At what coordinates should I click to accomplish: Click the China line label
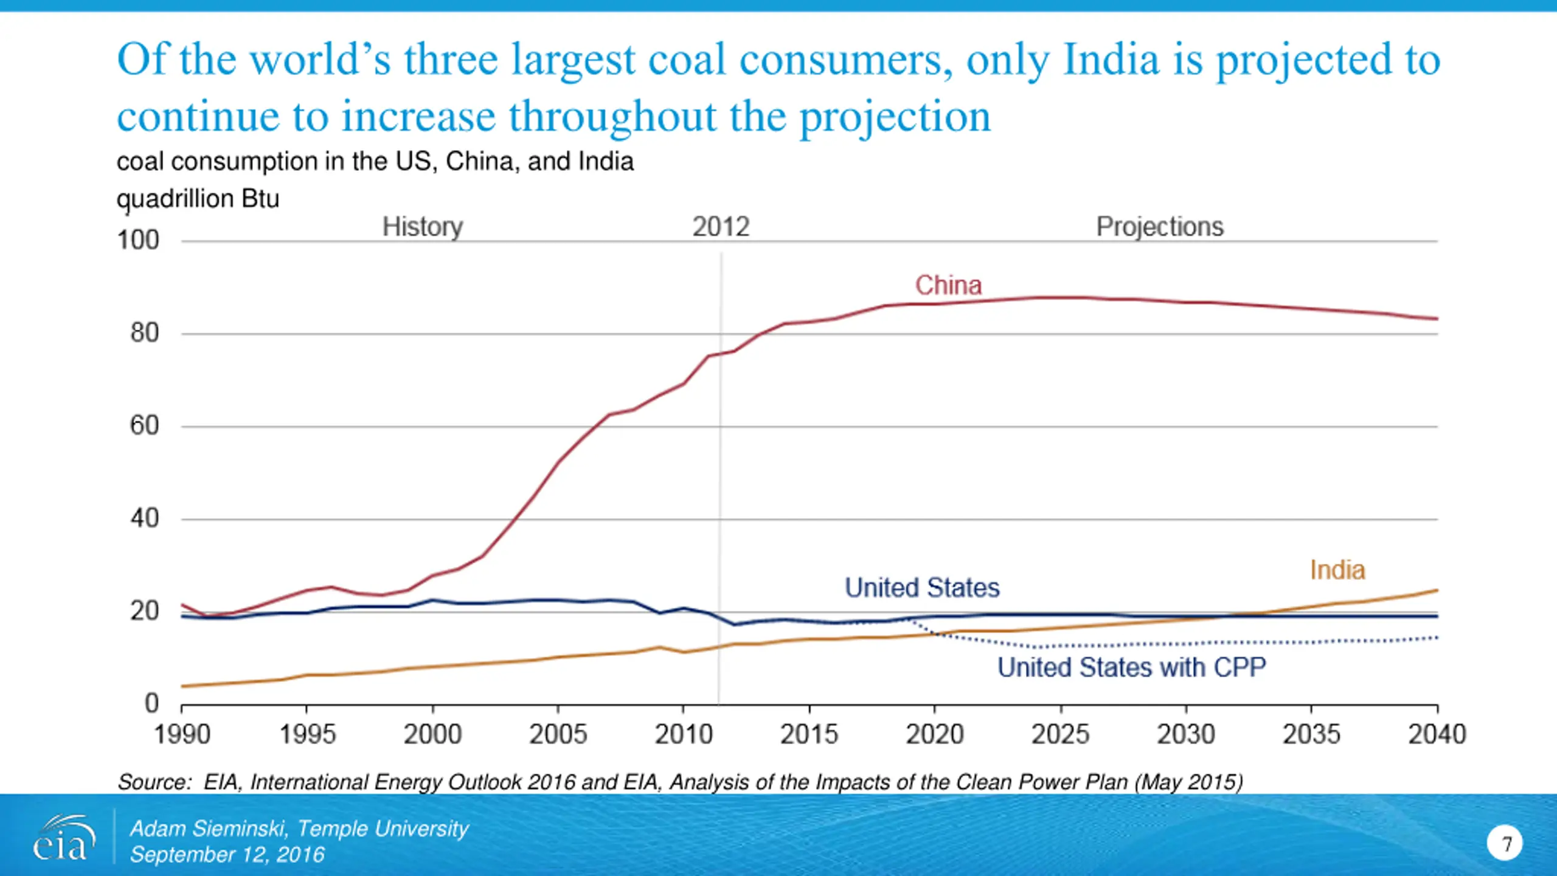[948, 285]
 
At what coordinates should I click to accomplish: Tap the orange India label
[1337, 571]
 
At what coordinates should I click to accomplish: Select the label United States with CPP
[1131, 667]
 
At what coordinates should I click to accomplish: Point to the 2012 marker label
[721, 227]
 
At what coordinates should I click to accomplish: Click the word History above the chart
[423, 227]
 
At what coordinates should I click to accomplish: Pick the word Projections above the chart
[1159, 227]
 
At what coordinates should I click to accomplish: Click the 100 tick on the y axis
[138, 240]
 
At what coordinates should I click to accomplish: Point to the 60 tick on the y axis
[144, 426]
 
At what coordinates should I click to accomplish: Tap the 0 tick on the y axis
[151, 703]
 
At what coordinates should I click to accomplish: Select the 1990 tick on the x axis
[182, 734]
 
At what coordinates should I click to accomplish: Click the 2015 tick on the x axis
[809, 734]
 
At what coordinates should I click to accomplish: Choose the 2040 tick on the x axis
[1437, 734]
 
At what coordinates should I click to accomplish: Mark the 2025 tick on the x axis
[1060, 734]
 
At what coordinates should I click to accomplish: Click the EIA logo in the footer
[63, 838]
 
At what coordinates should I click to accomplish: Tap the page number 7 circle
[1505, 843]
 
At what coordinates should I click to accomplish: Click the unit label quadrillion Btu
[198, 199]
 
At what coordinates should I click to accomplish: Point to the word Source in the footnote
[154, 782]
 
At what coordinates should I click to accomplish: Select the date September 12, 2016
[227, 855]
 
